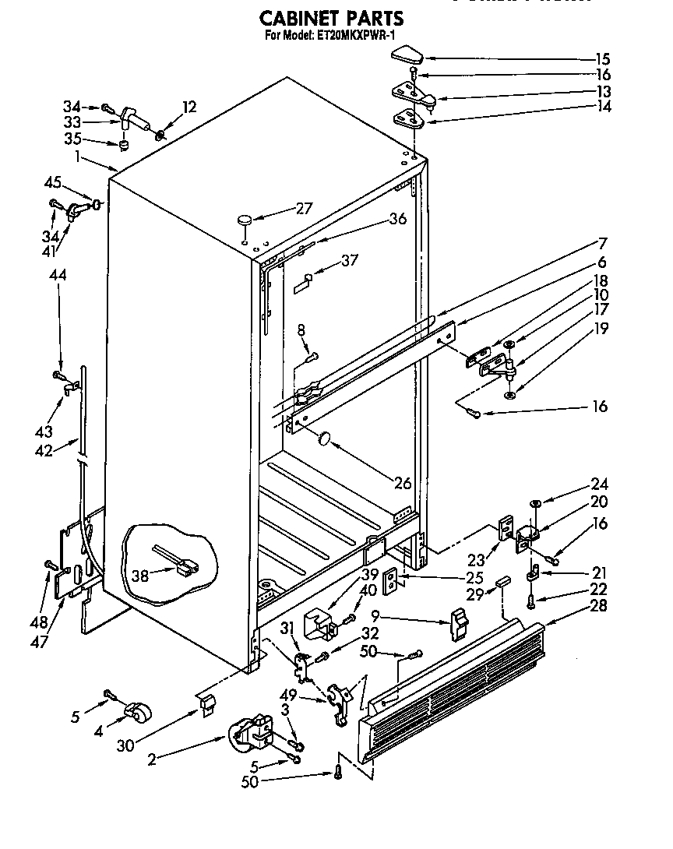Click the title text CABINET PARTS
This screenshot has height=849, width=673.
pos(331,17)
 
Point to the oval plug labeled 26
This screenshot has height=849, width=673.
pos(324,441)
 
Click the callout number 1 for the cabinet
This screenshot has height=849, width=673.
pos(78,155)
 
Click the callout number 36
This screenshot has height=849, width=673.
pos(397,220)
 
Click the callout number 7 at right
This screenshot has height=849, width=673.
pos(602,243)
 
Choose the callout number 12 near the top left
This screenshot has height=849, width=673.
pos(189,107)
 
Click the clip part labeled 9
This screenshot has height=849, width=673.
pos(460,623)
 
